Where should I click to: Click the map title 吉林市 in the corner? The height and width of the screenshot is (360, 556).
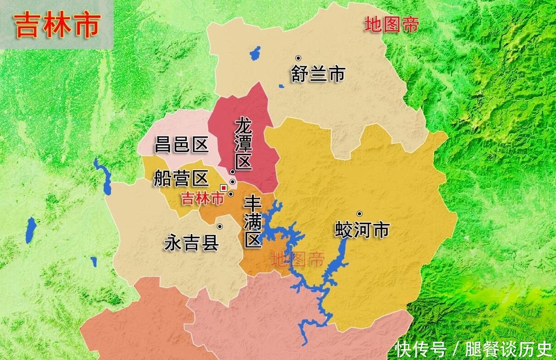(58, 26)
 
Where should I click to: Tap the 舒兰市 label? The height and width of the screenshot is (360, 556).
(318, 74)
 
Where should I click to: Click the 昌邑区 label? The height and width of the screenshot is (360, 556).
(181, 145)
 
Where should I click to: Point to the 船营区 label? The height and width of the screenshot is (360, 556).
(181, 178)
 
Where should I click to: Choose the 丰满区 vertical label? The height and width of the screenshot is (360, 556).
(252, 223)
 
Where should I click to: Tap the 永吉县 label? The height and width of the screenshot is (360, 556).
(192, 243)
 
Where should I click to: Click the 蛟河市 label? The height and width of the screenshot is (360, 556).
(362, 230)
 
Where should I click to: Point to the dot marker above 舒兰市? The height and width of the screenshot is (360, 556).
(298, 58)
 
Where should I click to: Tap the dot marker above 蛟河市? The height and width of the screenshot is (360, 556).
(359, 214)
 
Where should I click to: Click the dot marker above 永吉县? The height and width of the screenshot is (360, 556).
(220, 226)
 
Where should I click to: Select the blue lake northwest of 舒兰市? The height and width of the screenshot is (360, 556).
(255, 53)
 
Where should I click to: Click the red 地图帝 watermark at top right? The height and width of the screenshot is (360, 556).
(391, 25)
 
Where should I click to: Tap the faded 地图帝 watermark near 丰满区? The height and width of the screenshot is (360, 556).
(297, 260)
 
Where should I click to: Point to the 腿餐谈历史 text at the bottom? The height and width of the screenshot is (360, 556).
(508, 350)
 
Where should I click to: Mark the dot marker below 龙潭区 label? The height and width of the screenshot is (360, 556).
(232, 172)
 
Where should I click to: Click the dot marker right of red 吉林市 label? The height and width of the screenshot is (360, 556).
(231, 194)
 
